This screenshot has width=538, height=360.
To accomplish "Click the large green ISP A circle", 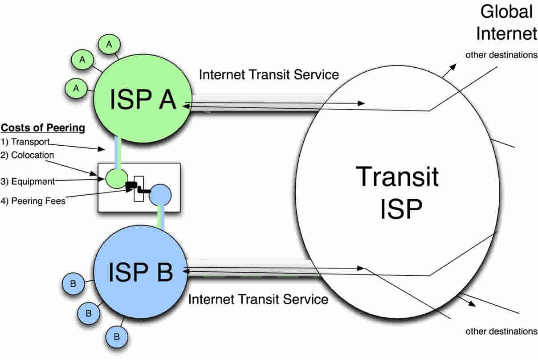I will [x=142, y=101].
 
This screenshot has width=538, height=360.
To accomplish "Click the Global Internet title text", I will [x=506, y=23].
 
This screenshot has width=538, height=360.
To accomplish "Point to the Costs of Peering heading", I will [x=43, y=128].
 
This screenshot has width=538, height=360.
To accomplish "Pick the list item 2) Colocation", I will [x=27, y=155].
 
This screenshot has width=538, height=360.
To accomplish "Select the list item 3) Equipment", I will [x=28, y=181].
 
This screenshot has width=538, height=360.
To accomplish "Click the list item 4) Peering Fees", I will [x=33, y=201].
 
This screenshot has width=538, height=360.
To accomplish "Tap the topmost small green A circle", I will [x=109, y=45].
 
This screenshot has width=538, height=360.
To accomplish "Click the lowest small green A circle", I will [x=76, y=89].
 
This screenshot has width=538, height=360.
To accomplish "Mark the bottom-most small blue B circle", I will [x=117, y=336].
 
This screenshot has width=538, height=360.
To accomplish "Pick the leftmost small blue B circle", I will [x=73, y=283].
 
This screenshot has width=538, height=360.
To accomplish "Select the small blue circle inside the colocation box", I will [x=160, y=195].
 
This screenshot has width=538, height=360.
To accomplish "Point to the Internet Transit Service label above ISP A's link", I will [x=269, y=74].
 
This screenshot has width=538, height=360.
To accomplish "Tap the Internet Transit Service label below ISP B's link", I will [x=258, y=299].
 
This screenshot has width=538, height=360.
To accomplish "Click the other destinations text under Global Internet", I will [x=501, y=55].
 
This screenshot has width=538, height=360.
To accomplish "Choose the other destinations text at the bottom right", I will [x=501, y=331].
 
